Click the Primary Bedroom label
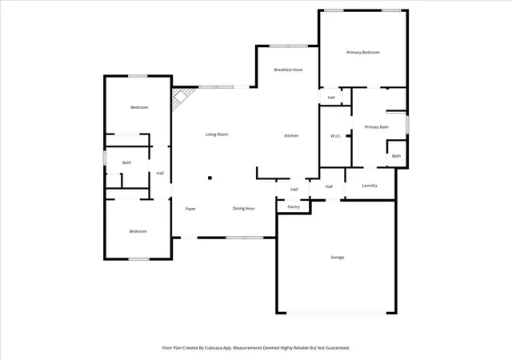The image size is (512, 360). (x=362, y=52)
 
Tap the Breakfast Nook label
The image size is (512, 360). (x=288, y=70)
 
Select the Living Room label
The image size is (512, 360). (x=217, y=134)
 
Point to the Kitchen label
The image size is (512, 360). (x=291, y=135)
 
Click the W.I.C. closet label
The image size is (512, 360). (x=336, y=136)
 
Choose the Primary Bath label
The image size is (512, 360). (x=377, y=127)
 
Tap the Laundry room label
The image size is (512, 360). (x=370, y=186)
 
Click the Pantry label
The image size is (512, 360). (x=294, y=206)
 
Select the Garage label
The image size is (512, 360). (x=338, y=258)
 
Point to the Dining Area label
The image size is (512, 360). (x=243, y=209)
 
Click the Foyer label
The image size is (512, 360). (x=190, y=209)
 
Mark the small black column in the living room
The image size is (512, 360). (x=210, y=178)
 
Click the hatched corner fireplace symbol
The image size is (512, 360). (x=182, y=98)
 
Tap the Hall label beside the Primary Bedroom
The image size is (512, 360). (x=331, y=98)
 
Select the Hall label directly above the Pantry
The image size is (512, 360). (x=294, y=189)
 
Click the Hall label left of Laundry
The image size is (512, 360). (x=329, y=186)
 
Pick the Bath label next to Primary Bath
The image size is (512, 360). (x=396, y=156)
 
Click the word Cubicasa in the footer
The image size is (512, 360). (x=214, y=348)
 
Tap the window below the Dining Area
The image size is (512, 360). (x=244, y=238)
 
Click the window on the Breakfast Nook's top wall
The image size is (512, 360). (x=289, y=46)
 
